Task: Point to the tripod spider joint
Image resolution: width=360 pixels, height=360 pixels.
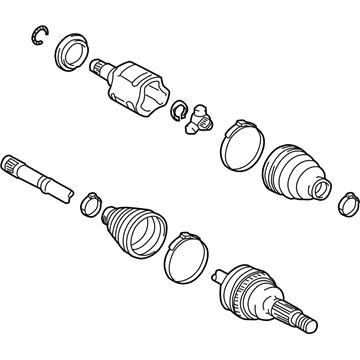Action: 201,118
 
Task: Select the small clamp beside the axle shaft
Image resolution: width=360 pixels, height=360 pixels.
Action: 89,204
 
